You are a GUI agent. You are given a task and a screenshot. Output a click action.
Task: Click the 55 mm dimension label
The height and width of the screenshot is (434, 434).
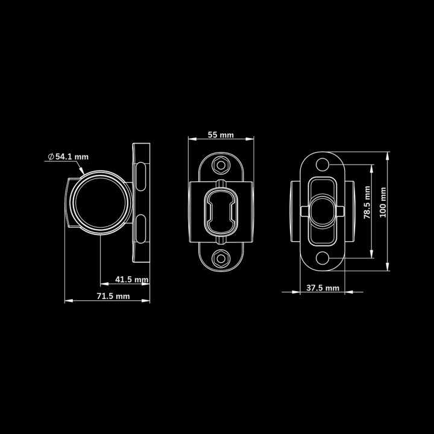(x=221, y=135)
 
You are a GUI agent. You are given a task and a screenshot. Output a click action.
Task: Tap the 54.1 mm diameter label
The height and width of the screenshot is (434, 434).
(x=72, y=157)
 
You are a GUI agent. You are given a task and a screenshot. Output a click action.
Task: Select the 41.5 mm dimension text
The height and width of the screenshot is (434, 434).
(x=132, y=279)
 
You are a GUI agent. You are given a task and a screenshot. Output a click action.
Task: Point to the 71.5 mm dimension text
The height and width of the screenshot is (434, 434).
(x=113, y=296)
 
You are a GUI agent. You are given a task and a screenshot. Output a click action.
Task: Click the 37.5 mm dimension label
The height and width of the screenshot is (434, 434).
(x=322, y=288)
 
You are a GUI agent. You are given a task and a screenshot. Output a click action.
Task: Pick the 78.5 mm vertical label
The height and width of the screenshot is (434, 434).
(x=367, y=203)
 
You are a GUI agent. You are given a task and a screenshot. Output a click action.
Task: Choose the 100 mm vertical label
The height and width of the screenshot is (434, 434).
(x=383, y=203)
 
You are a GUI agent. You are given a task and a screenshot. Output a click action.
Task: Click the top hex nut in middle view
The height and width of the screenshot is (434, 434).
(x=221, y=165)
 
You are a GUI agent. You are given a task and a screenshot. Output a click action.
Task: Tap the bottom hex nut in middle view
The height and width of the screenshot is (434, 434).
(x=221, y=259)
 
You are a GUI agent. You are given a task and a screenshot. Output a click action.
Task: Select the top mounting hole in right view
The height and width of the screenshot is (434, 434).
(x=322, y=165)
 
